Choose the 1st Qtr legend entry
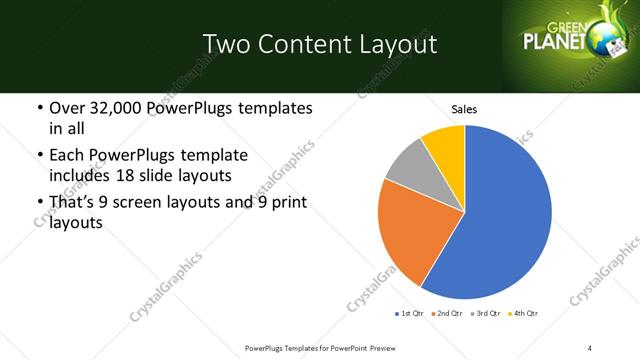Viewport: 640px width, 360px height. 409,314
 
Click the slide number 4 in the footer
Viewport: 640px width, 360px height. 591,347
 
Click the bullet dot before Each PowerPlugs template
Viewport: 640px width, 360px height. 38,156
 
